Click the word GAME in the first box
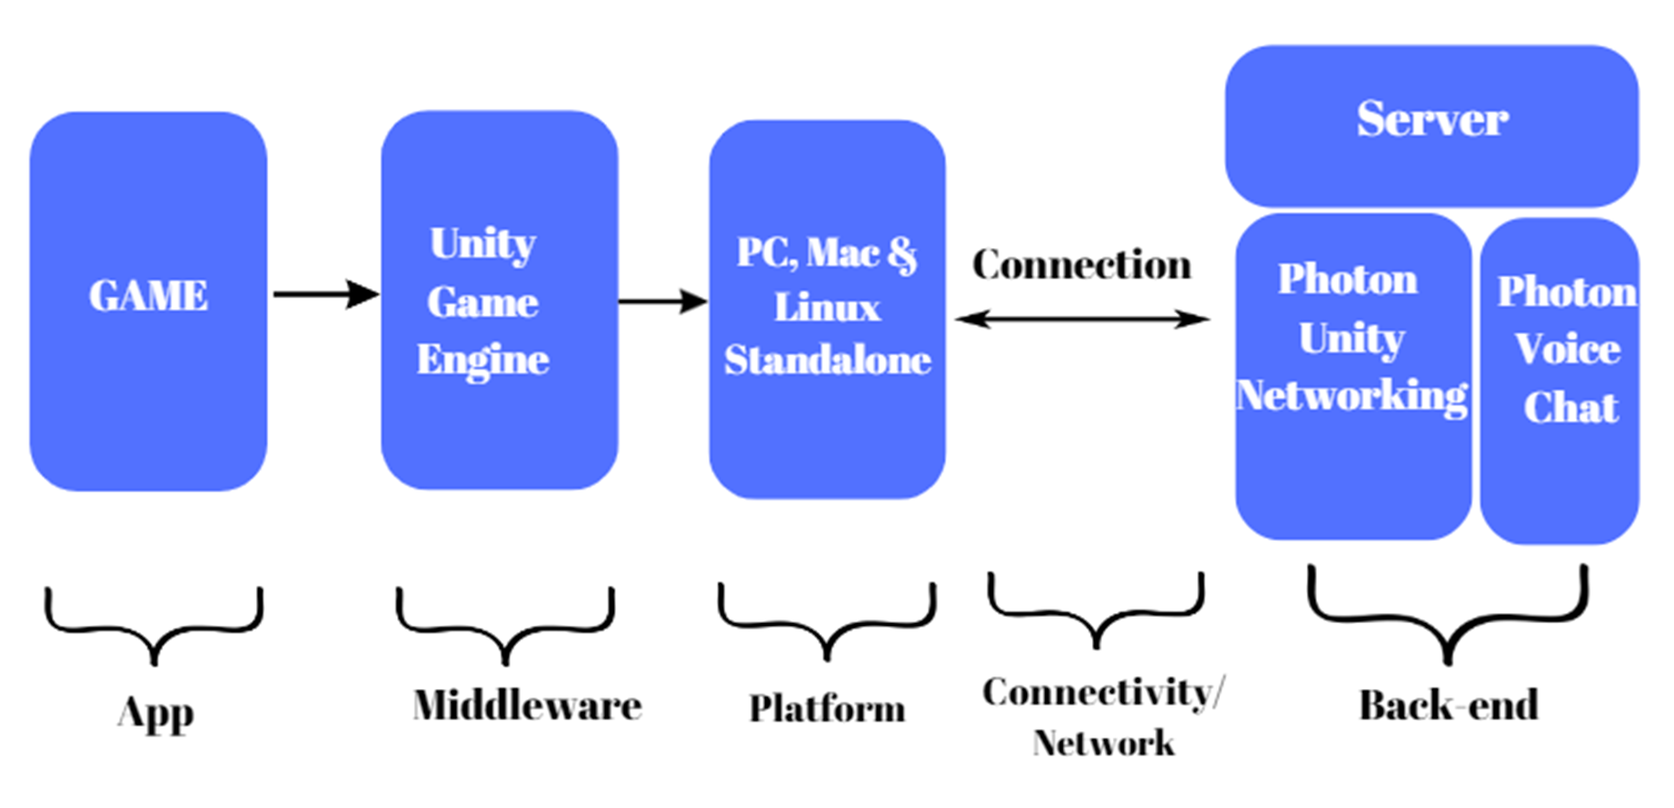pyautogui.click(x=148, y=296)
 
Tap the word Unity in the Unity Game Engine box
pyautogui.click(x=482, y=244)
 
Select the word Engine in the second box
pyautogui.click(x=482, y=360)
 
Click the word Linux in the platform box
pyautogui.click(x=826, y=307)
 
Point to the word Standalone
pyautogui.click(x=827, y=361)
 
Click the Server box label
pyautogui.click(x=1431, y=119)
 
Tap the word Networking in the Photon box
pyautogui.click(x=1352, y=396)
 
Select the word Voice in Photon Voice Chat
pyautogui.click(x=1567, y=349)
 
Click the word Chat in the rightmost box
pyautogui.click(x=1571, y=407)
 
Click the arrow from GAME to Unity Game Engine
pyautogui.click(x=325, y=294)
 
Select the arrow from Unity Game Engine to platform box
pyautogui.click(x=662, y=301)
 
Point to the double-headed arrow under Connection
pyautogui.click(x=1082, y=318)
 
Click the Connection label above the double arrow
pyautogui.click(x=1082, y=264)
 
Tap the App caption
pyautogui.click(x=156, y=713)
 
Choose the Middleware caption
pyautogui.click(x=526, y=706)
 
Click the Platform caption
pyautogui.click(x=826, y=708)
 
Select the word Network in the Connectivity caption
pyautogui.click(x=1103, y=743)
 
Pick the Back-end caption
pyautogui.click(x=1448, y=706)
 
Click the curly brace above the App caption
pyautogui.click(x=154, y=627)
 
